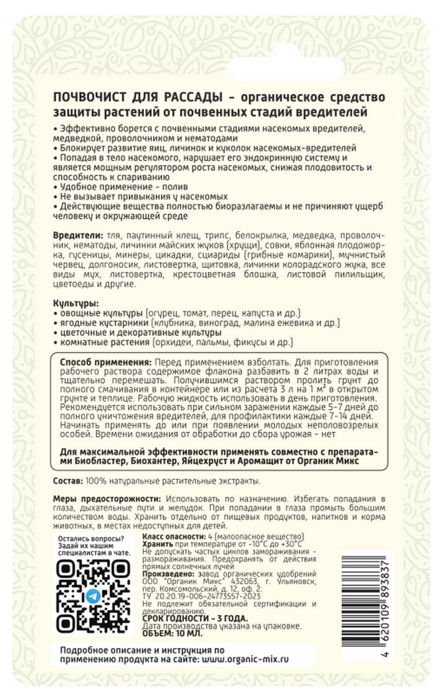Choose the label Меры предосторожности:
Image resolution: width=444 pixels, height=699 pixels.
(x=107, y=500)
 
